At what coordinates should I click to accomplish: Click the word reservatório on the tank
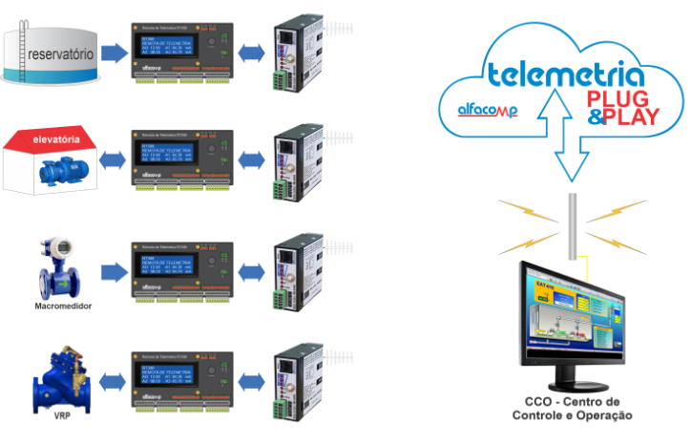pos(61,54)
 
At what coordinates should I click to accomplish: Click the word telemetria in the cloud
pos(564,74)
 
